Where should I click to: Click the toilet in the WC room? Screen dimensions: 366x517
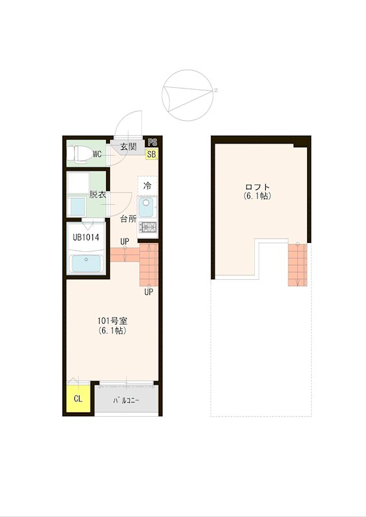tap(78, 154)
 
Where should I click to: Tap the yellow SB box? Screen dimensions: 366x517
tap(151, 154)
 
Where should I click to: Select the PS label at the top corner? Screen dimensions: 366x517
tap(153, 142)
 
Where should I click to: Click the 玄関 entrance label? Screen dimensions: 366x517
tap(128, 147)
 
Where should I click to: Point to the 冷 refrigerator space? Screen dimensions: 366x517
tap(147, 185)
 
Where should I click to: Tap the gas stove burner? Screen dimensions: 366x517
tap(147, 227)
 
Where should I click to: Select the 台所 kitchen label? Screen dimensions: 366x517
tap(128, 218)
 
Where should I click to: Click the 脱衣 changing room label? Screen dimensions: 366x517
tap(98, 195)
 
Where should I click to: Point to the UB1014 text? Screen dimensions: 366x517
tap(86, 237)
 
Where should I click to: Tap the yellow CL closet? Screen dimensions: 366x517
tap(78, 398)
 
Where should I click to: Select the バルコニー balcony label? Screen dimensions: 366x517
tap(126, 401)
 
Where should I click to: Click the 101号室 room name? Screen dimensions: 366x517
tap(113, 321)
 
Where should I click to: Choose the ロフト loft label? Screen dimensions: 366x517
tap(257, 187)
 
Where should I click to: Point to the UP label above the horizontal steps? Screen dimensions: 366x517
tap(125, 241)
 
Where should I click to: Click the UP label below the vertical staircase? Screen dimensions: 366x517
tap(149, 292)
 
